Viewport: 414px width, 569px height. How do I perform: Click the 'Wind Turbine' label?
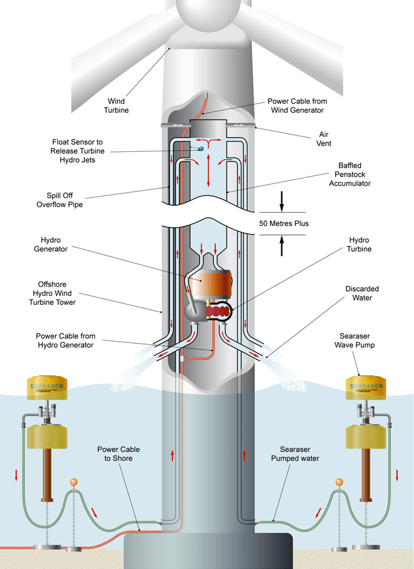118,105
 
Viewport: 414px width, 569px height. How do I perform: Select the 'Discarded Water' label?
362,293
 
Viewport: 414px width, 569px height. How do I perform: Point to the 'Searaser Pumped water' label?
304,454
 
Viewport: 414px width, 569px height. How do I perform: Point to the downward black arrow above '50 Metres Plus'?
281,202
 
